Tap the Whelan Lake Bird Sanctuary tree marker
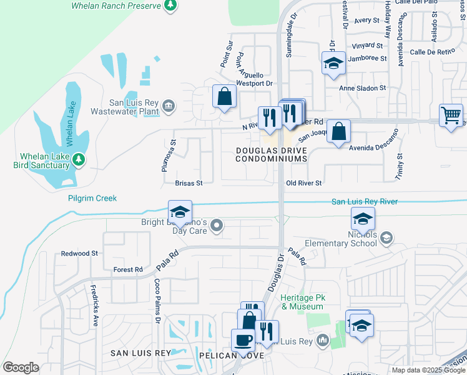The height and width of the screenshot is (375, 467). point(79,159)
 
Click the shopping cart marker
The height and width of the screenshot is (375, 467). point(451,115)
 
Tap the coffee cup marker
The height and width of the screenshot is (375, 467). point(242,340)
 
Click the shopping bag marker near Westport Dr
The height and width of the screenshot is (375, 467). point(224,97)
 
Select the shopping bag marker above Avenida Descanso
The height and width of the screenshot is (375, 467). point(338,131)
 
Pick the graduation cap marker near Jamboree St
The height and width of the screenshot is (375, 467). point(333,63)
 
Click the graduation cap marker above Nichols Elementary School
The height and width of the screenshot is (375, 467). point(362,219)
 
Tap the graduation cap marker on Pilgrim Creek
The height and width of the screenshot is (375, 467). point(179,212)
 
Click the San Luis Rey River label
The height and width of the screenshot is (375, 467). point(364,201)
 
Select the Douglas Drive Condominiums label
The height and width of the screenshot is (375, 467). point(272,155)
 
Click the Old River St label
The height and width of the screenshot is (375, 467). point(303,183)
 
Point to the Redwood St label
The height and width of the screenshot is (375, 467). point(79,254)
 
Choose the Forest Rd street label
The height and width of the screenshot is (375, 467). point(128,269)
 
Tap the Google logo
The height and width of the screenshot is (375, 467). point(21,367)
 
